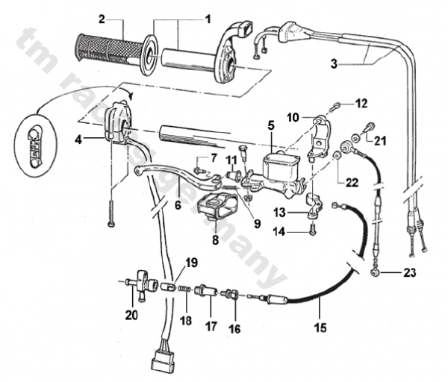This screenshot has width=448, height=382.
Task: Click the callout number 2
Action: coord(102,16)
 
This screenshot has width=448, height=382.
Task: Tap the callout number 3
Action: coord(335,64)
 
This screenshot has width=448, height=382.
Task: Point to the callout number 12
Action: coord(361,102)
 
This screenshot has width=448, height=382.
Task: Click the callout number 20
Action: coord(131,314)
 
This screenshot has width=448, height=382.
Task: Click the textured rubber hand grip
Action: coord(106,48)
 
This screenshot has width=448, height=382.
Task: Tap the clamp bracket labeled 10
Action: coord(320,134)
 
